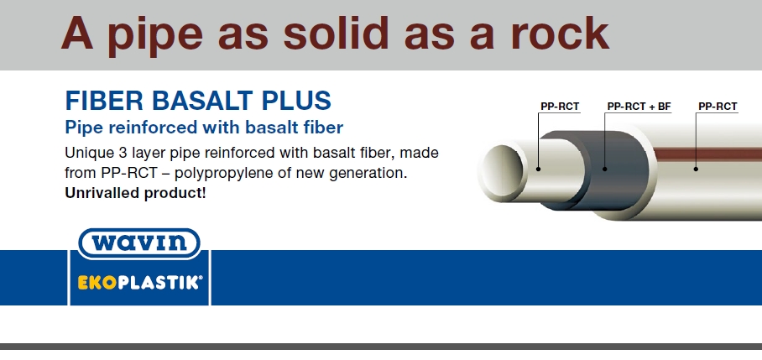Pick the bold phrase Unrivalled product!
click(134, 193)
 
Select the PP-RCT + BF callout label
click(639, 107)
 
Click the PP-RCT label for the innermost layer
click(560, 107)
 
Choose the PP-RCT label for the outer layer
click(718, 107)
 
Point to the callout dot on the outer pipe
click(697, 169)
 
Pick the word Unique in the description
click(88, 154)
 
